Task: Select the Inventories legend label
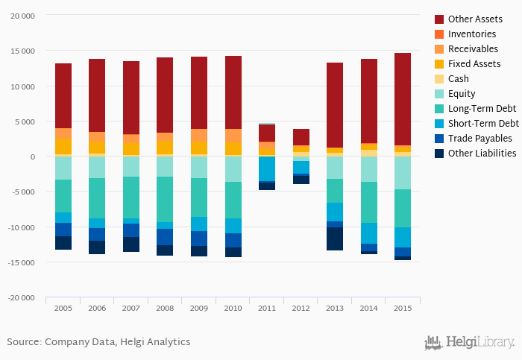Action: [472, 34]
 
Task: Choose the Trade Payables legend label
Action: [479, 138]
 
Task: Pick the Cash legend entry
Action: [459, 78]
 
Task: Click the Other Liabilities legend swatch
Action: [439, 153]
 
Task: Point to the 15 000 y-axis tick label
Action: [22, 51]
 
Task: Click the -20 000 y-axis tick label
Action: [20, 298]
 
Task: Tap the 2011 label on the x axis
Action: [267, 308]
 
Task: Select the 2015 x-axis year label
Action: [403, 308]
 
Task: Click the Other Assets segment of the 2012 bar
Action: [301, 136]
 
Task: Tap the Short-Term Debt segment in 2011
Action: [267, 168]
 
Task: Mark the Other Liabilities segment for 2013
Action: [335, 239]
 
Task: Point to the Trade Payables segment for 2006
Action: [97, 234]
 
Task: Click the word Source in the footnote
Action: [23, 342]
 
